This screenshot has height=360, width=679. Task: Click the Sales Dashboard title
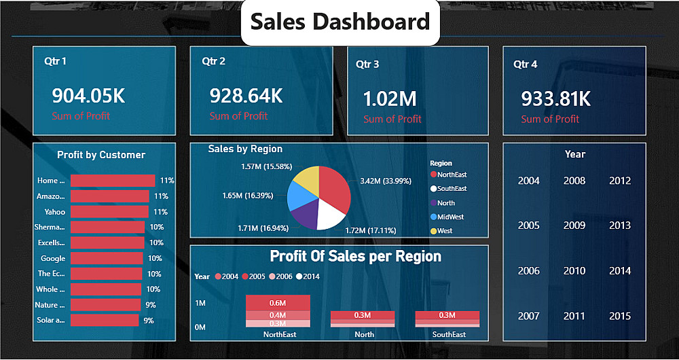click(x=340, y=22)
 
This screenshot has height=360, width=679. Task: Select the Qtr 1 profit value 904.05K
click(x=88, y=96)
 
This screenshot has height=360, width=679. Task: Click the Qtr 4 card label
click(x=526, y=64)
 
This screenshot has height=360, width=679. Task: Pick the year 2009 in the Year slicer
click(x=574, y=226)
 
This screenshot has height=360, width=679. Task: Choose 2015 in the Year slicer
click(x=620, y=316)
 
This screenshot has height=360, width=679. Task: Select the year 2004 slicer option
click(x=529, y=181)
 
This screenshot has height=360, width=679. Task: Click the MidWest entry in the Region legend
click(x=451, y=217)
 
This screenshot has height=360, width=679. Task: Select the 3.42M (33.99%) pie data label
click(x=385, y=181)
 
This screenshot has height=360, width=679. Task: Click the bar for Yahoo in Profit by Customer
click(x=109, y=212)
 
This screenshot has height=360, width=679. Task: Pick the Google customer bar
click(x=107, y=258)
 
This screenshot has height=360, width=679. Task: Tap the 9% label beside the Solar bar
click(x=149, y=321)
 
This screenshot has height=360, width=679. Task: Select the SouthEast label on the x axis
click(x=449, y=334)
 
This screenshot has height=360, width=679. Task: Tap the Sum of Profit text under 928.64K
click(x=238, y=116)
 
